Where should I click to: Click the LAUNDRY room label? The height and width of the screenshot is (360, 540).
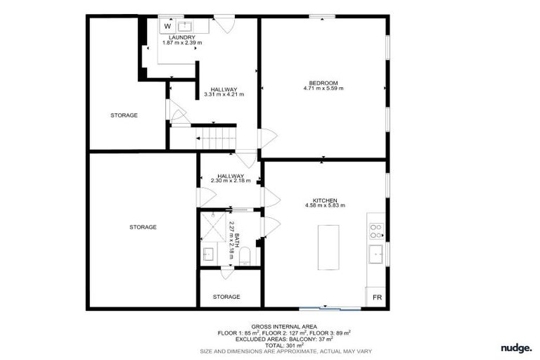tap(172, 37)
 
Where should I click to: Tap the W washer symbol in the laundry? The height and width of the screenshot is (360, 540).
tap(167, 26)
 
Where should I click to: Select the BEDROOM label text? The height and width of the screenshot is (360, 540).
tap(323, 82)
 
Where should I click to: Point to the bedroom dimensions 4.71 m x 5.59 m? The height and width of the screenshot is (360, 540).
tap(323, 89)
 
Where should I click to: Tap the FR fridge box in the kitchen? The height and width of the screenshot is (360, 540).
tap(377, 297)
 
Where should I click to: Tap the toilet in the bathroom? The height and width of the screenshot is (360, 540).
tap(244, 259)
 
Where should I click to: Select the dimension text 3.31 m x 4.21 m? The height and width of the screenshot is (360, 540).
tap(224, 94)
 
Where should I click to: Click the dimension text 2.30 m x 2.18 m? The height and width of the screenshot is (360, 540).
tap(230, 181)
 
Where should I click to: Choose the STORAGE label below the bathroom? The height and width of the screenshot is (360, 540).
tap(226, 297)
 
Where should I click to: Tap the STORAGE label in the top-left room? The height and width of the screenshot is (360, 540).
tap(124, 115)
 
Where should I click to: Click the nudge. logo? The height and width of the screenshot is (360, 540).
tap(516, 348)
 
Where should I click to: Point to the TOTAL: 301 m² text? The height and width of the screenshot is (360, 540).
tap(285, 345)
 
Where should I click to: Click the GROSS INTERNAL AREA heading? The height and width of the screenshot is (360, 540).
tap(284, 327)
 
